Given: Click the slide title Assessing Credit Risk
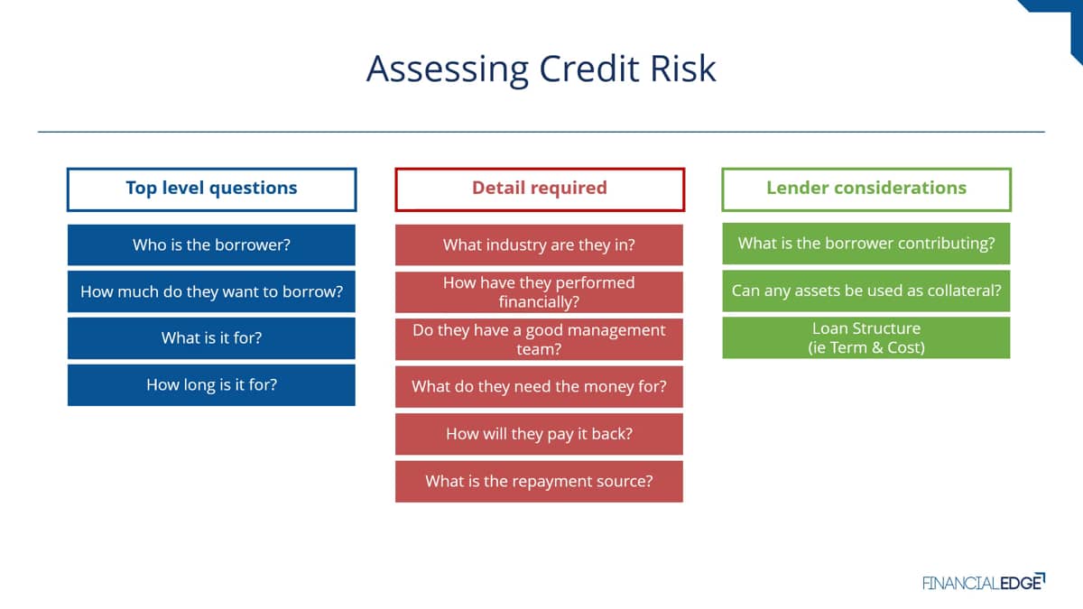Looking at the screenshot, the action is click(541, 69).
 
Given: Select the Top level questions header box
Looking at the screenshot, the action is click(212, 189).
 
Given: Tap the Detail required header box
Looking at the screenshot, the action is click(540, 189).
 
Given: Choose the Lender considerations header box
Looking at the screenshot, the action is click(866, 189).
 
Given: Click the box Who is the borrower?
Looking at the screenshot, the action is click(211, 245).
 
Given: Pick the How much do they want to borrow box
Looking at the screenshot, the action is click(211, 291).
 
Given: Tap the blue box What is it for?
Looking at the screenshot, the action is click(211, 337).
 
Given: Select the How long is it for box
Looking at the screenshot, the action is click(211, 384).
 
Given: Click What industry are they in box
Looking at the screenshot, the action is click(539, 245).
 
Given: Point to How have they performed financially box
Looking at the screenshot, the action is click(539, 292).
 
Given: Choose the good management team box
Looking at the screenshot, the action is click(539, 339).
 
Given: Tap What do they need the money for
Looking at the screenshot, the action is click(539, 387).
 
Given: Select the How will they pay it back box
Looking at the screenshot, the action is click(539, 434).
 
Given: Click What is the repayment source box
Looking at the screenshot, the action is click(539, 482).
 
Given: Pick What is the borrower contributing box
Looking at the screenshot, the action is click(866, 243).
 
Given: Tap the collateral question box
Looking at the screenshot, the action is click(866, 291).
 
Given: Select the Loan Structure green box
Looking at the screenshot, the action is click(866, 337).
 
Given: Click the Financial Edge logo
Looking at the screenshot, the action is click(984, 582).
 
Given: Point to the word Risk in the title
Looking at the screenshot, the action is click(682, 69).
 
